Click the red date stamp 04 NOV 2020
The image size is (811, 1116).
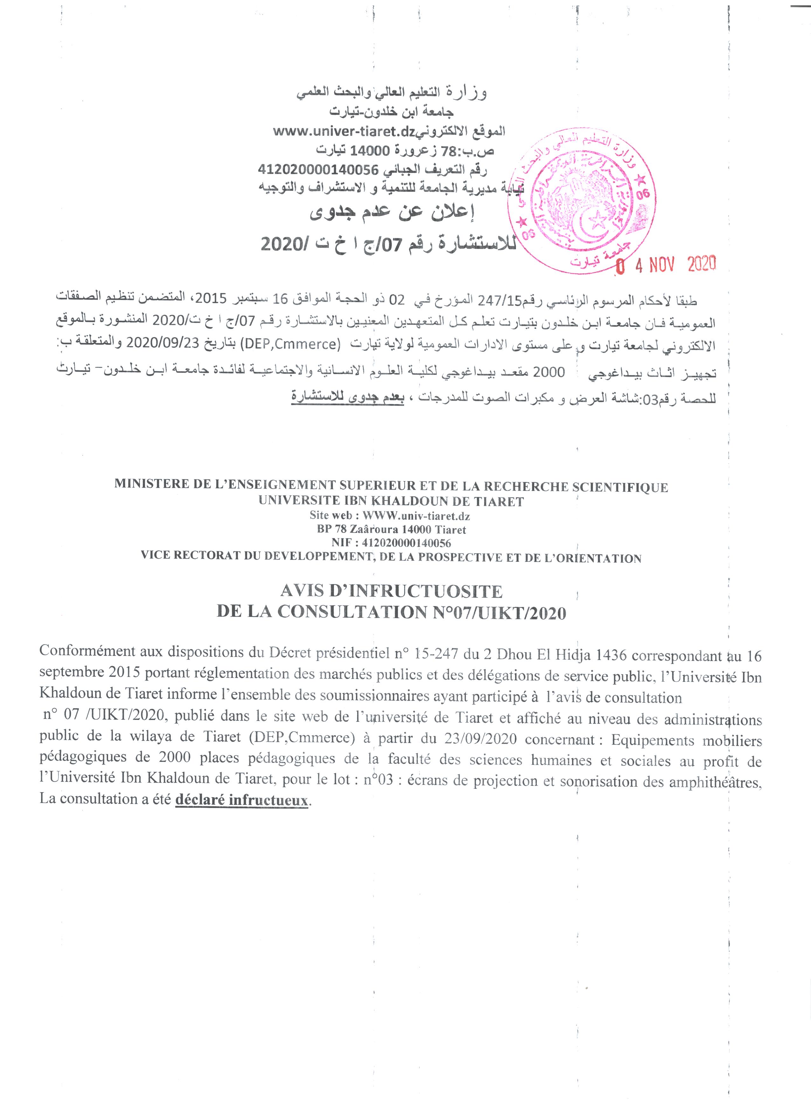(x=666, y=266)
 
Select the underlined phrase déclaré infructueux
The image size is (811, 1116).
(x=241, y=799)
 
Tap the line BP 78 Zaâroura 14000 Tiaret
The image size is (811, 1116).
(x=391, y=529)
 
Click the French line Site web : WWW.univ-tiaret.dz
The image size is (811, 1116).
(x=391, y=516)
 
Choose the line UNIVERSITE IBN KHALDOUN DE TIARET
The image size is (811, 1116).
(x=391, y=501)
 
